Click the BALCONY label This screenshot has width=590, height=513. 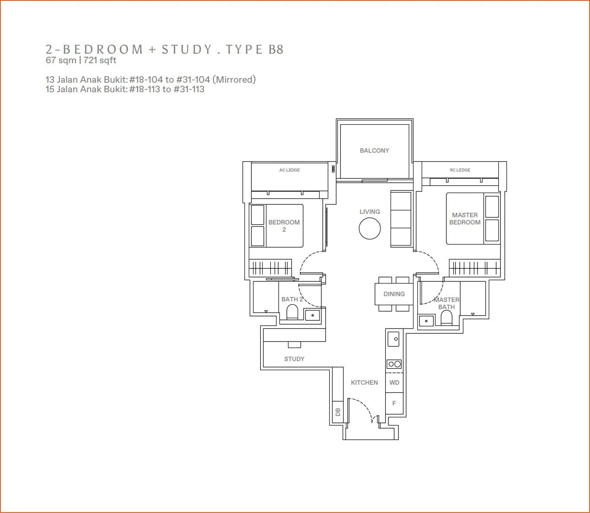374,150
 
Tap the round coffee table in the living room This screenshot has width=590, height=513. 370,228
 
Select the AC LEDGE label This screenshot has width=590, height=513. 289,170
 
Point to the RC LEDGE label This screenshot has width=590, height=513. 460,170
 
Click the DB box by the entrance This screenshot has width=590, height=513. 338,412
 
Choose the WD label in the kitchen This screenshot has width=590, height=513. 394,383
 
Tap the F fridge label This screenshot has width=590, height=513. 394,403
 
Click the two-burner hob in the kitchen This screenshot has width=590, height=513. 394,364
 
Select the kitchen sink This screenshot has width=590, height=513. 393,339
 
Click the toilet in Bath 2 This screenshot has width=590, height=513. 292,312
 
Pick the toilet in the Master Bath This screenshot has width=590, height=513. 446,318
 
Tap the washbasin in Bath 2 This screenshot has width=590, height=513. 312,315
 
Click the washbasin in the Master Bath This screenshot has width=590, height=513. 426,321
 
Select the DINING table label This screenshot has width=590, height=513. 394,294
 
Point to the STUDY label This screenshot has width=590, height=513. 294,359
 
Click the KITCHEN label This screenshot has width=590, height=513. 364,383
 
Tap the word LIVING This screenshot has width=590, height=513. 370,212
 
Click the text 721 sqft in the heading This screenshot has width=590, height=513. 100,60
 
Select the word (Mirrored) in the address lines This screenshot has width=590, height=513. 234,79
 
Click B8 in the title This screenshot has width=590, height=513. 276,49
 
